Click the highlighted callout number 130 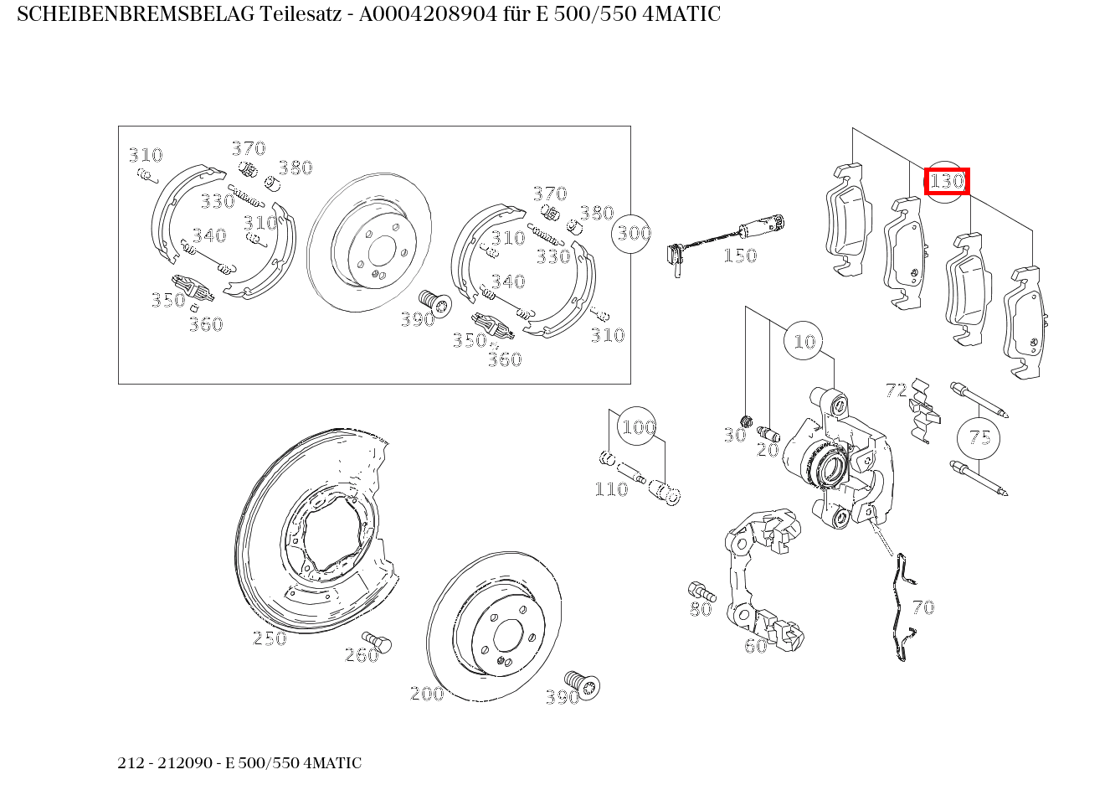[x=947, y=181]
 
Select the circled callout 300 [x=634, y=232]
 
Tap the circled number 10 [x=804, y=341]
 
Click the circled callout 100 [x=638, y=427]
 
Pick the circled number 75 [x=979, y=437]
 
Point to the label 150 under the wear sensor [x=739, y=256]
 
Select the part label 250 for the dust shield [x=270, y=638]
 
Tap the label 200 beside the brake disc [x=427, y=694]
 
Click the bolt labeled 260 [x=382, y=643]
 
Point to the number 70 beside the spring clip [x=922, y=607]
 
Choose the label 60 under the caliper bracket [x=755, y=646]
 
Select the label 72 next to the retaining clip [x=896, y=390]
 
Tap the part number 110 [x=611, y=489]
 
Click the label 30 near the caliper [x=734, y=435]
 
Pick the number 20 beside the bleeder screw [x=768, y=450]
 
